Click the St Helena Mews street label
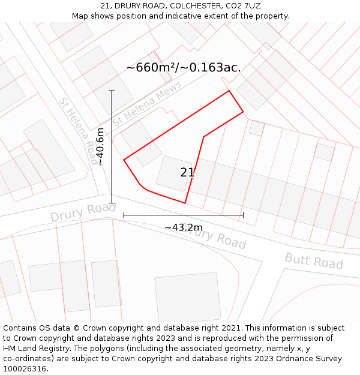click(x=147, y=104)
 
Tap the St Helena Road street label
click(x=79, y=131)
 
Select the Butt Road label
click(x=314, y=261)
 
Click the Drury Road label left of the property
click(x=82, y=211)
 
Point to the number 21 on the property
click(x=187, y=173)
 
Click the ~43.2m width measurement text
click(x=184, y=227)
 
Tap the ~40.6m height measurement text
click(x=100, y=146)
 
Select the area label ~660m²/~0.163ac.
click(x=184, y=67)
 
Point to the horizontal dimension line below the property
click(x=183, y=215)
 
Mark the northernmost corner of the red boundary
click(x=229, y=91)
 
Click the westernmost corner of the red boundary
click(x=124, y=160)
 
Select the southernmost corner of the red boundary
click(x=185, y=203)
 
